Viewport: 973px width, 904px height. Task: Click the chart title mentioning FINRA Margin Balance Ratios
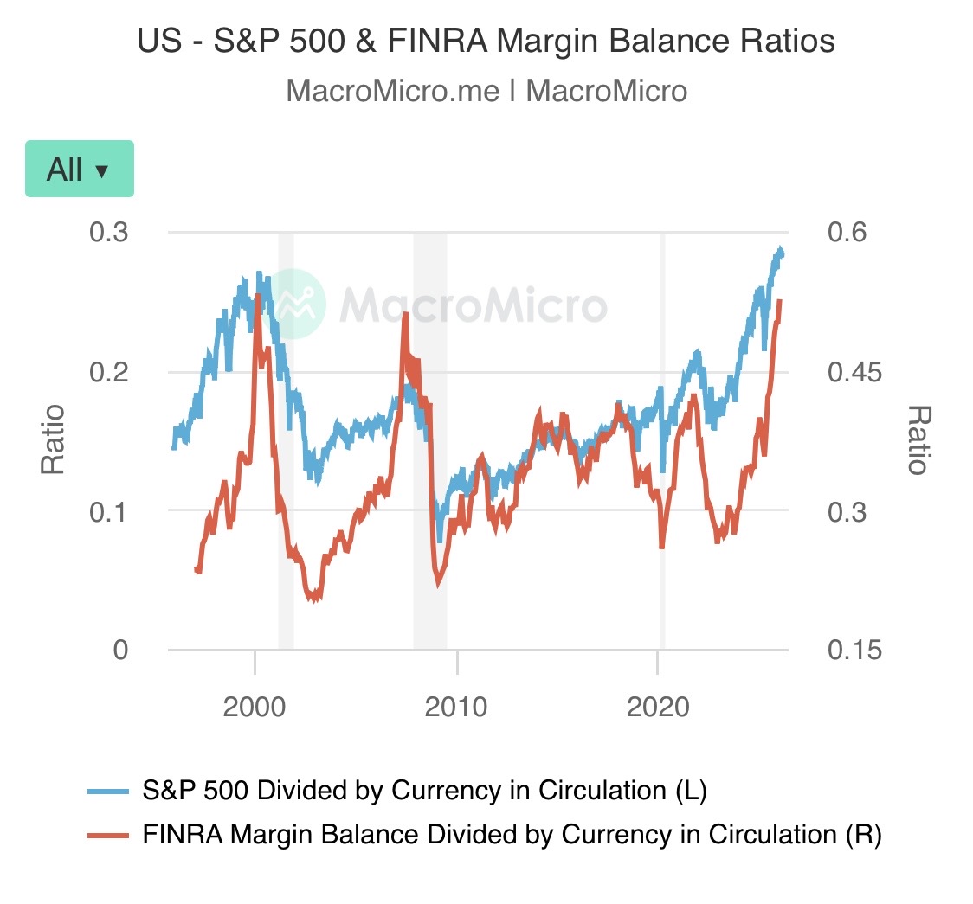[x=486, y=41]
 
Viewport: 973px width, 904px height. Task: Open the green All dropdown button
[x=79, y=169]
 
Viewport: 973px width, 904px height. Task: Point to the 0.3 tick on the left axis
[x=109, y=233]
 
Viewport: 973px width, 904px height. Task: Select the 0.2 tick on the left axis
[x=109, y=372]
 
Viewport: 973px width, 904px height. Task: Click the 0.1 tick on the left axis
[x=109, y=510]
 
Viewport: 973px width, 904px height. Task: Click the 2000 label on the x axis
[x=255, y=707]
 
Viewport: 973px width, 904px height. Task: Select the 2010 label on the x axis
[x=457, y=707]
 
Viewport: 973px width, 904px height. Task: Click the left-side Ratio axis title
[x=54, y=439]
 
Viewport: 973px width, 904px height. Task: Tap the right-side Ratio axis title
[x=918, y=439]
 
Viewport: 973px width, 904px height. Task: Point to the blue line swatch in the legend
[x=108, y=792]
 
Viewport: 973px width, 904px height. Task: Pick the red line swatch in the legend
[x=108, y=836]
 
